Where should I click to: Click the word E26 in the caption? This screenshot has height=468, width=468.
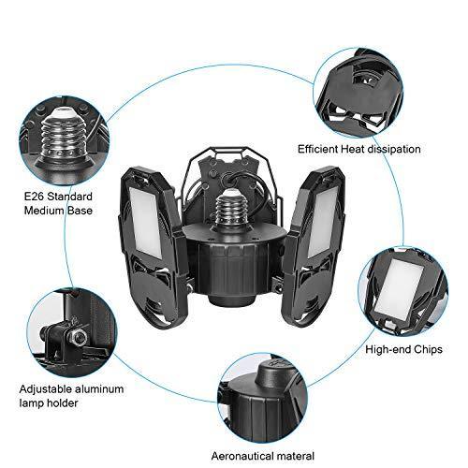pos(34,197)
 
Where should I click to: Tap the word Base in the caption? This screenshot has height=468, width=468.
pos(79,211)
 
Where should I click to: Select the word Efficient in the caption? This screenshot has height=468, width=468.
pos(317,149)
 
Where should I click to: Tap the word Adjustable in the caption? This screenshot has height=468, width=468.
pos(45,389)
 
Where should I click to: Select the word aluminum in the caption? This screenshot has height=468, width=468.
pos(99,389)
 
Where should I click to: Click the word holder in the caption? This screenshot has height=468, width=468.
pos(63,402)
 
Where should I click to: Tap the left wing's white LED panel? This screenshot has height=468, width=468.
pos(146,223)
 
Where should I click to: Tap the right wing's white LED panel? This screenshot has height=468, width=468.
pos(322,223)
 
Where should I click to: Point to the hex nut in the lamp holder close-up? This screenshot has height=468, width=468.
pos(80,336)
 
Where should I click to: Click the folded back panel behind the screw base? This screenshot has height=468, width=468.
pos(230,176)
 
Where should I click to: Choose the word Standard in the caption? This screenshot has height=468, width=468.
pos(70,197)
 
